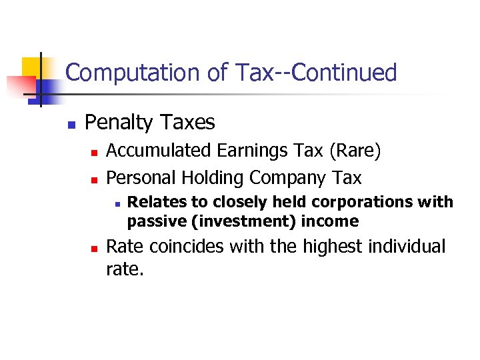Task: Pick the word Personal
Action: pyautogui.click(x=138, y=178)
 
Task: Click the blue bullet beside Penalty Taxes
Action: pyautogui.click(x=70, y=125)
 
